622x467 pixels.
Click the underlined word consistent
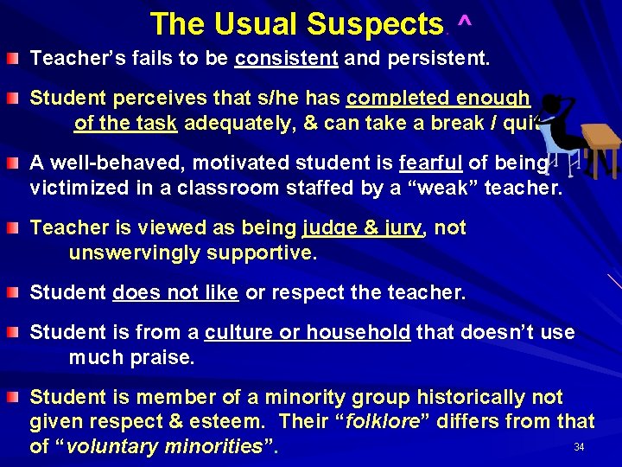point(286,60)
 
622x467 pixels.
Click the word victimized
point(73,188)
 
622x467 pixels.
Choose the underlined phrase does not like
point(175,293)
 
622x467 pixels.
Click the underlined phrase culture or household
point(308,333)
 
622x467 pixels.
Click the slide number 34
point(579,447)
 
